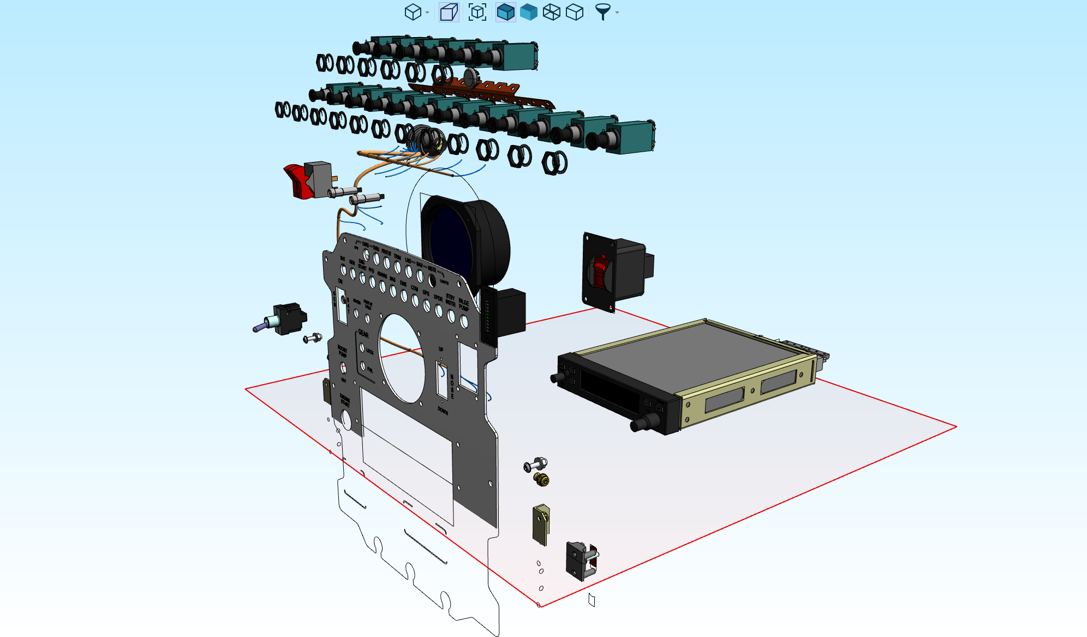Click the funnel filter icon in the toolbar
coord(602,11)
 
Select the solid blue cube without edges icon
coord(528,12)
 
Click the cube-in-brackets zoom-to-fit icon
coord(477,12)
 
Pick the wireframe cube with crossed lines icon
coord(551,12)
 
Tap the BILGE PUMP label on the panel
coord(463,305)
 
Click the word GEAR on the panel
coord(363,334)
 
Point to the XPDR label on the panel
coord(438,298)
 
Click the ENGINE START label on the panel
coord(345,400)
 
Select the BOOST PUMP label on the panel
coord(342,351)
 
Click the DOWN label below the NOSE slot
coord(443,411)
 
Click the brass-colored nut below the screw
coord(541,479)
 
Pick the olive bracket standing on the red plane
coord(541,524)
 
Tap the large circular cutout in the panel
coord(402,357)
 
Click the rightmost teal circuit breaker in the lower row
coord(631,137)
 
